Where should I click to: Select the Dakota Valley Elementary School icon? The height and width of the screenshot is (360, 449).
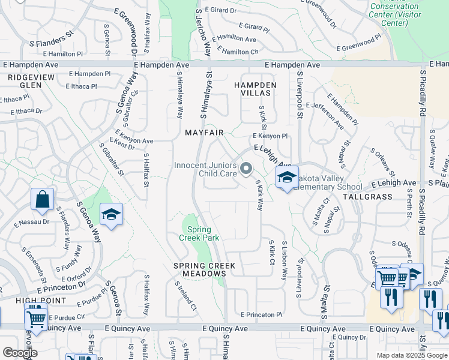tap(288, 178)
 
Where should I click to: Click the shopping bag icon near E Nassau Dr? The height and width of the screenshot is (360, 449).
tap(43, 200)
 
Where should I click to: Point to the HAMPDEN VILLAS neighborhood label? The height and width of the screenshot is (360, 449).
tap(255, 90)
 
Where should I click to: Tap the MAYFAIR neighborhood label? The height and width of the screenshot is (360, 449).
tap(204, 132)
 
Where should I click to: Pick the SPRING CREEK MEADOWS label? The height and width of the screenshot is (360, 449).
tap(204, 269)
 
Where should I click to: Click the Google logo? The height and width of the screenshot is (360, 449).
tap(20, 353)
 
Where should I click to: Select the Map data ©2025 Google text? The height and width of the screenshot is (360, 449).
tap(412, 355)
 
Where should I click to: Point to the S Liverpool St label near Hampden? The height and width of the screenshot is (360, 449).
tap(299, 90)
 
